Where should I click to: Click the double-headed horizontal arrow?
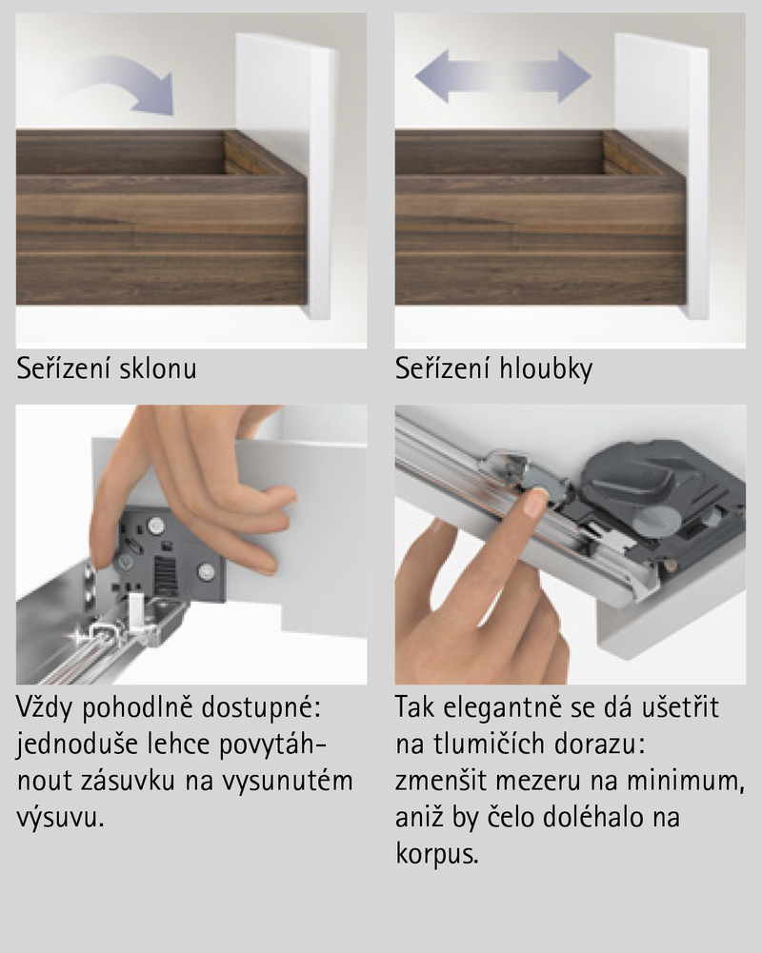point(503,76)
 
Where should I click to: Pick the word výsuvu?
point(60,818)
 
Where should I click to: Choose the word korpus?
point(436,854)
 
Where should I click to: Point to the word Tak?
point(415,707)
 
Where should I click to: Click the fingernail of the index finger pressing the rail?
point(535,502)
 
